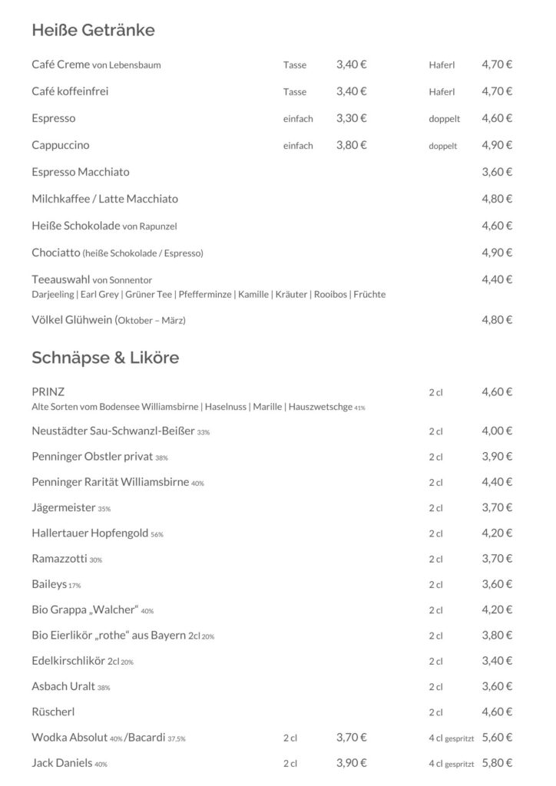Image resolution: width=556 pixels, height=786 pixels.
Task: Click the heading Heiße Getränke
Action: (x=93, y=31)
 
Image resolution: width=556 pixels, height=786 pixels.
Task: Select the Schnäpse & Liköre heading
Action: (x=105, y=358)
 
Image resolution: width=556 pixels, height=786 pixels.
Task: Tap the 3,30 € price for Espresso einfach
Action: (x=351, y=118)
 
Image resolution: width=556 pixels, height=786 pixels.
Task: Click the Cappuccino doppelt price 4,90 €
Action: (x=497, y=145)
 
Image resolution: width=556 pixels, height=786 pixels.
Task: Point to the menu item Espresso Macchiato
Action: (x=81, y=172)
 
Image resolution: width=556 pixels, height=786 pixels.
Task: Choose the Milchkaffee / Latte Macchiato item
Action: (x=104, y=199)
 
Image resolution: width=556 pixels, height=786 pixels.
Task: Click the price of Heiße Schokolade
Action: (x=497, y=226)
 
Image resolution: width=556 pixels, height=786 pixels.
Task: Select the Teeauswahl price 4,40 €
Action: (x=497, y=279)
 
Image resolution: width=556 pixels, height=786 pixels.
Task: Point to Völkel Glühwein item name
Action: (x=73, y=319)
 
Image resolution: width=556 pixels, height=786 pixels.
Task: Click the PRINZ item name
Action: (x=48, y=391)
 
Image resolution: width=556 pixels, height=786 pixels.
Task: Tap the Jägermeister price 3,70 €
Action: (x=497, y=507)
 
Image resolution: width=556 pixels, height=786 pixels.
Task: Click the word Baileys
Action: (x=49, y=584)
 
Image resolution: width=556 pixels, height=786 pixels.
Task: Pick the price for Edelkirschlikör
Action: (x=497, y=661)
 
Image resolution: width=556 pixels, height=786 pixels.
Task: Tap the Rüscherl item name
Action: (x=53, y=712)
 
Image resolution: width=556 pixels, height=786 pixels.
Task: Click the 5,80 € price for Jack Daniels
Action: (x=497, y=763)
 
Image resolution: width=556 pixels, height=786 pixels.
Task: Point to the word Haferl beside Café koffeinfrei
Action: (x=442, y=92)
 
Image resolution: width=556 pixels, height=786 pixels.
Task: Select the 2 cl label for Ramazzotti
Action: (x=435, y=559)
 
